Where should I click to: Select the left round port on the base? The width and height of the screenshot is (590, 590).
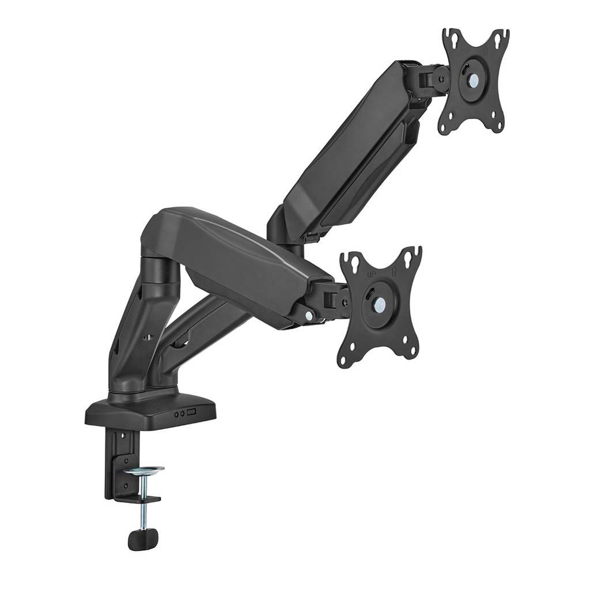tap(177, 413)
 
